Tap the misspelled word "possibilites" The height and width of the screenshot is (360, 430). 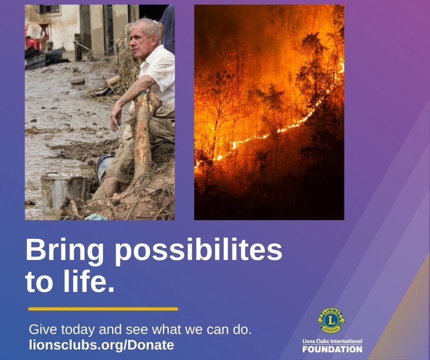199,250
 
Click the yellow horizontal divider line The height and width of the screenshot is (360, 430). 103,309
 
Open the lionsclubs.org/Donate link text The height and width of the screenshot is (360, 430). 102,345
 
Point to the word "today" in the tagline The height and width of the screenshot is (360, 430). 80,329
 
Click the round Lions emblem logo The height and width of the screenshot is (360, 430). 331,320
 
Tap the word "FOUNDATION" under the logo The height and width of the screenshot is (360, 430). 332,349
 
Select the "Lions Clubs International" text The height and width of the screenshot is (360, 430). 332,341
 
